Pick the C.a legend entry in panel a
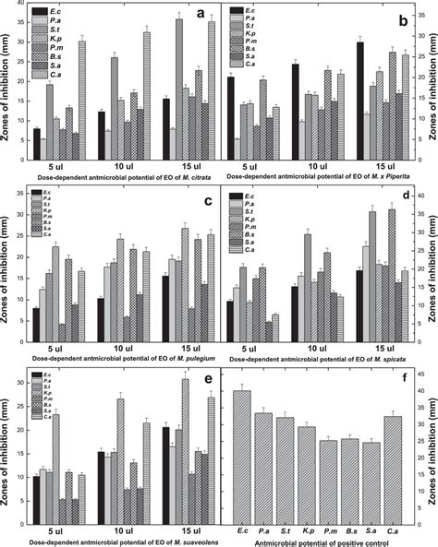click(x=43, y=71)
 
